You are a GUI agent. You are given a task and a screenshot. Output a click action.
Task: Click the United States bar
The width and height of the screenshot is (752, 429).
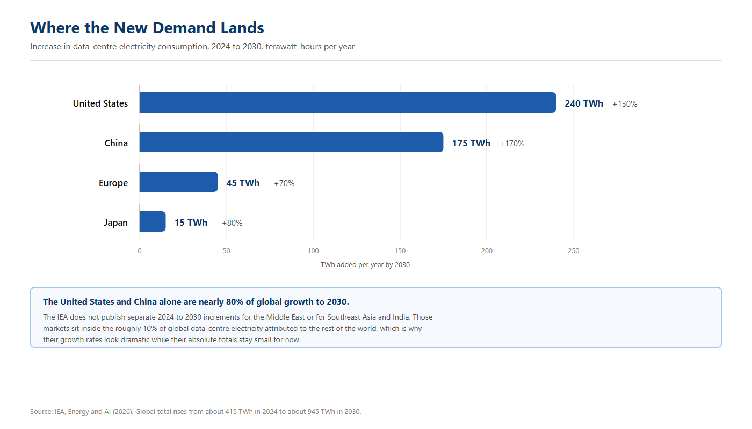click(x=348, y=102)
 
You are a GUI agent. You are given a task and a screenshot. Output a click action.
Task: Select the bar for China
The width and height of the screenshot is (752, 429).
click(x=291, y=142)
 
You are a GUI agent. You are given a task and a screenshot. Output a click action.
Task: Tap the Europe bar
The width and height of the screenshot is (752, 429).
click(x=178, y=182)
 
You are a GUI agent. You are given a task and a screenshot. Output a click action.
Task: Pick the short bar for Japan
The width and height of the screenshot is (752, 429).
click(x=153, y=221)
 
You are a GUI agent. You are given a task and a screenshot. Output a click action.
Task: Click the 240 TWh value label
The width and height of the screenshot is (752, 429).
click(x=584, y=103)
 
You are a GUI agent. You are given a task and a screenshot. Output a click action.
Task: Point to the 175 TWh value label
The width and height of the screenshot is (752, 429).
click(x=471, y=144)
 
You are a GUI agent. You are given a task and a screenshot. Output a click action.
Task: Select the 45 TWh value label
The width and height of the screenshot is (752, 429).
click(x=243, y=183)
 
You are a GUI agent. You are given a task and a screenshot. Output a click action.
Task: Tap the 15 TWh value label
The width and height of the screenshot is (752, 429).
click(x=191, y=223)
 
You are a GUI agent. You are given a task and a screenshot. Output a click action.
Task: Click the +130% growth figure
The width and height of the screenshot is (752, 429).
click(x=624, y=104)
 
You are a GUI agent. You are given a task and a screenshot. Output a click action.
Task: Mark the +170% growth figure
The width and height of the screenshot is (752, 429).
click(x=511, y=144)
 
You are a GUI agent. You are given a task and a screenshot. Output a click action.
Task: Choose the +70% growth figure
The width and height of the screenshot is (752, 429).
click(x=284, y=183)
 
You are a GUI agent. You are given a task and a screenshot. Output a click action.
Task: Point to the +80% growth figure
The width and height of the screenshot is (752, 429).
click(x=232, y=223)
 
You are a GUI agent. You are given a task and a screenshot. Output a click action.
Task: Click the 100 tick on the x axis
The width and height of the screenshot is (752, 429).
click(x=313, y=251)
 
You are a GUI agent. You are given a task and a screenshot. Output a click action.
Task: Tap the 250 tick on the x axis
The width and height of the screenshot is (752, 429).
click(x=574, y=251)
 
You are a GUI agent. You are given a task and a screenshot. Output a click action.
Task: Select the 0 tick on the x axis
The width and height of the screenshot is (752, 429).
click(x=140, y=251)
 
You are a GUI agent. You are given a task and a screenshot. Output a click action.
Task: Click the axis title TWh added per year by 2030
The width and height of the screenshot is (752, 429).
click(x=365, y=265)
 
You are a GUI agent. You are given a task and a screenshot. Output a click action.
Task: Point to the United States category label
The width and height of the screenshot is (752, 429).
click(x=100, y=103)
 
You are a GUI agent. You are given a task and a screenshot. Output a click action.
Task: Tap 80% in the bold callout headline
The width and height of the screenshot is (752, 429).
click(x=234, y=302)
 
